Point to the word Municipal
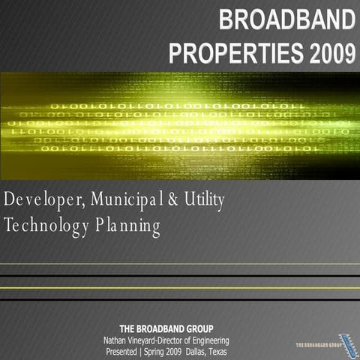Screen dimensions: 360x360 point(133,200)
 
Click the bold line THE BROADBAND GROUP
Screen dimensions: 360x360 point(166,328)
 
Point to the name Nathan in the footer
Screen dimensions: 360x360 point(115,340)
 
